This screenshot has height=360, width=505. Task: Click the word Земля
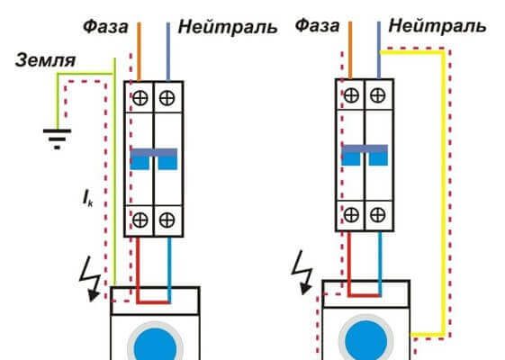[45, 60]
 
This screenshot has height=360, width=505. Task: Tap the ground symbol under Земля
[57, 139]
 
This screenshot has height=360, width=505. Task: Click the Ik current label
[87, 198]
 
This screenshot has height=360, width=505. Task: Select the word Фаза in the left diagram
[105, 26]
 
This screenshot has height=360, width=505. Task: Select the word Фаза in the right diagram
[317, 25]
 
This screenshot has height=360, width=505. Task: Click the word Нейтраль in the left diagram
[228, 27]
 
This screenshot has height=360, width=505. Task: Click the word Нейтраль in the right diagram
[437, 25]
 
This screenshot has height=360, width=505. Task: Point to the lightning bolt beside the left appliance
[90, 281]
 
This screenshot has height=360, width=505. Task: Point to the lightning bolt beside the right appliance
[302, 273]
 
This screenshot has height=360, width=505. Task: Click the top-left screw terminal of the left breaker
[140, 98]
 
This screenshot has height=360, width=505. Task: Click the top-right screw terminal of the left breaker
[167, 98]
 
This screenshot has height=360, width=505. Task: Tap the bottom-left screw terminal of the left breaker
[140, 220]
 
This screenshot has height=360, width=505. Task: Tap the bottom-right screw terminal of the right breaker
[377, 215]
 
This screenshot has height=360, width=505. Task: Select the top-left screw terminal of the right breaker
[351, 95]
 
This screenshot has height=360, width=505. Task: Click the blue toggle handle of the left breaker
[154, 158]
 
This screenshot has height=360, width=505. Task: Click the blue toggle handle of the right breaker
[365, 155]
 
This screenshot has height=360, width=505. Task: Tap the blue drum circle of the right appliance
[366, 341]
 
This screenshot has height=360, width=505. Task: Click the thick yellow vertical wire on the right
[444, 193]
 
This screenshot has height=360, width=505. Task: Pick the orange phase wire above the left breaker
[140, 51]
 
